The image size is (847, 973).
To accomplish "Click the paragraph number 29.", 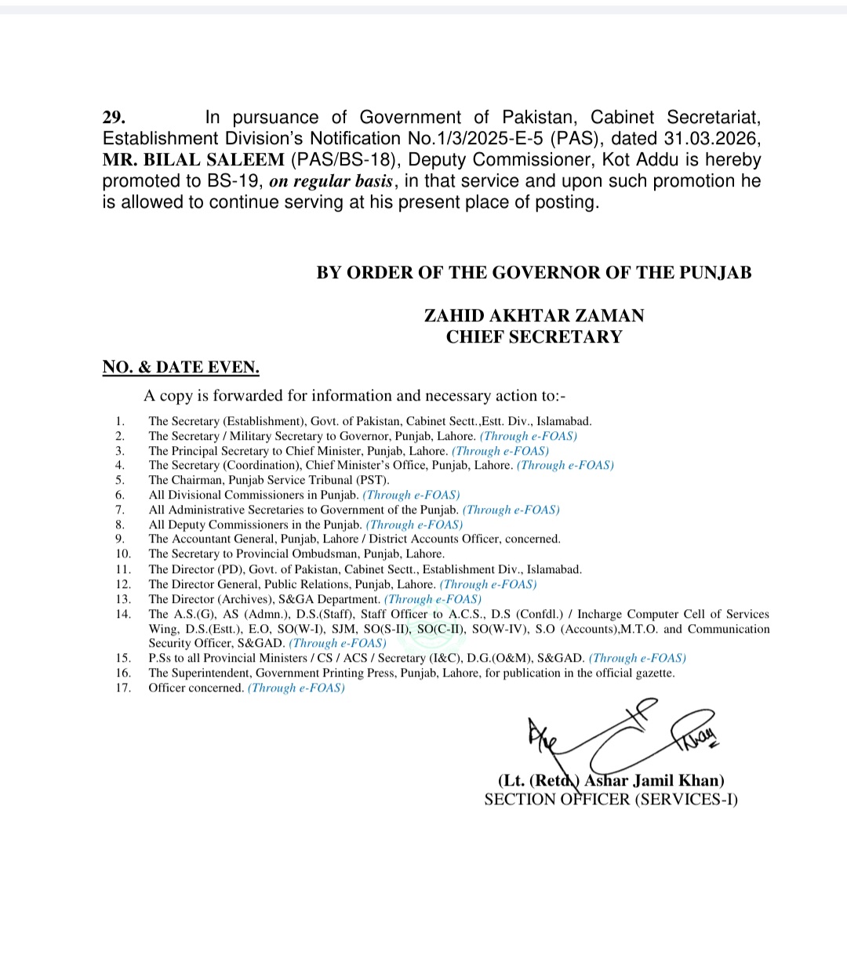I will click(114, 118).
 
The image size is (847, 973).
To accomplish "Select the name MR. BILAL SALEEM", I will click(193, 160).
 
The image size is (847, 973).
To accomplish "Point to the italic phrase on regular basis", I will click(330, 181).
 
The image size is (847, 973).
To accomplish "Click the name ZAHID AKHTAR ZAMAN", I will click(534, 315).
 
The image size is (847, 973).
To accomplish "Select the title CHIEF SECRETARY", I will click(534, 336).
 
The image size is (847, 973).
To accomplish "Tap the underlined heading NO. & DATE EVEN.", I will click(180, 367).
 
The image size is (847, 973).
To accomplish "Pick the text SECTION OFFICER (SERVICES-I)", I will click(611, 799).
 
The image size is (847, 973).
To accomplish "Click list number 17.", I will click(123, 688).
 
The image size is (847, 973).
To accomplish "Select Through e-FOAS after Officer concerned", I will click(296, 688).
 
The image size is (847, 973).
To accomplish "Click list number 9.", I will click(120, 539).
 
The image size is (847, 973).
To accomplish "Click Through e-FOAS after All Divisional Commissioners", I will click(411, 495).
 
